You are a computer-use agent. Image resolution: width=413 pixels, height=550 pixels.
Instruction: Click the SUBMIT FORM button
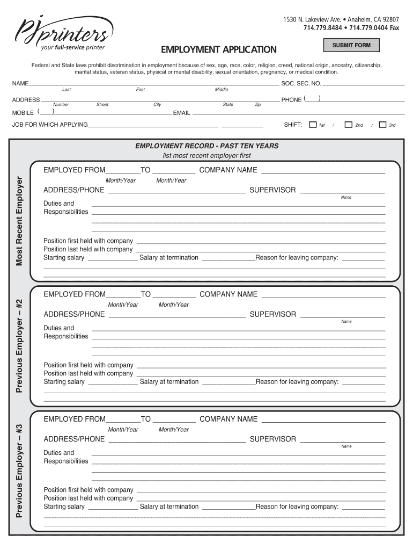pos(351,45)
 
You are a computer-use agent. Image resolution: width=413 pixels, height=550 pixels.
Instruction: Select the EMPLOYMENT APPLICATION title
pos(219,50)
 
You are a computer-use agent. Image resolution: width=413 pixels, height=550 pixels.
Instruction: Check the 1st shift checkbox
pos(313,125)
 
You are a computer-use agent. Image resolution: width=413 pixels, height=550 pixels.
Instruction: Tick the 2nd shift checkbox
pos(348,125)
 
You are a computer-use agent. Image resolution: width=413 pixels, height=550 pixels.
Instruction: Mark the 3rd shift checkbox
pos(382,125)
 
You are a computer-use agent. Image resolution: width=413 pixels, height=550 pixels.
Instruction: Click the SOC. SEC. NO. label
pos(301,84)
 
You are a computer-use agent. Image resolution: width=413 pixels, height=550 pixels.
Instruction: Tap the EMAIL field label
pos(181,113)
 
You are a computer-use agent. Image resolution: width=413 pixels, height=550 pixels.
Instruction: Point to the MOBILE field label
pos(23,113)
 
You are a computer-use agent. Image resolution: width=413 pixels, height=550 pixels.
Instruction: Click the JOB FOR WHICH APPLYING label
pos(50,125)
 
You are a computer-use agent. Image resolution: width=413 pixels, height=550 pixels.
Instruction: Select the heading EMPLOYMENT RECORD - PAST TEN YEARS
pos(206,146)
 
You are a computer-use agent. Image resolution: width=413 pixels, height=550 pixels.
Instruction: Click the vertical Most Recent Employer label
pos(19,221)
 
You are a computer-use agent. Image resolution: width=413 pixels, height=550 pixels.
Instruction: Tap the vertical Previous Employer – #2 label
pos(19,345)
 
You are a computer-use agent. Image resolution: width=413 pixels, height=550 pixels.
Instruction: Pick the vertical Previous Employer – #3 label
pos(19,470)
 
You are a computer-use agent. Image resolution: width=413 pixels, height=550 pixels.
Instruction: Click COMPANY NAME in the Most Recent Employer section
pos(228,170)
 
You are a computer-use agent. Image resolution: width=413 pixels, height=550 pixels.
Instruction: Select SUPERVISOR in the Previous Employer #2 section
pos(273,315)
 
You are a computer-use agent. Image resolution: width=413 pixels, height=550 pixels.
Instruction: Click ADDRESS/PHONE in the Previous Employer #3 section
pos(74,439)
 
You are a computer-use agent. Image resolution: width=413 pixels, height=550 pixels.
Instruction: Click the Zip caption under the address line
pos(257,105)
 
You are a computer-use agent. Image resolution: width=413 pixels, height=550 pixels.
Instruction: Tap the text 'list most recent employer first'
pos(206,156)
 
